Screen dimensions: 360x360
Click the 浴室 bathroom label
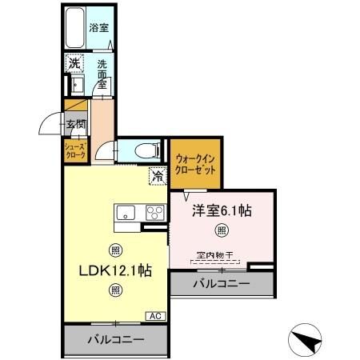click(98, 26)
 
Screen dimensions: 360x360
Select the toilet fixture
click(145, 150)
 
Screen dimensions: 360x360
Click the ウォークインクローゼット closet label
click(195, 164)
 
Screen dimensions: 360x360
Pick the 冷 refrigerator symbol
click(158, 176)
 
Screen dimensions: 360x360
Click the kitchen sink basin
click(128, 213)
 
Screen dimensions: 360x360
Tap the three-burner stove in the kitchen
click(154, 213)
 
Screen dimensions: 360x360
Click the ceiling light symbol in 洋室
click(222, 231)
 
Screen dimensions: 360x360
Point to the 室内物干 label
click(214, 255)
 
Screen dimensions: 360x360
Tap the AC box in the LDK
click(154, 317)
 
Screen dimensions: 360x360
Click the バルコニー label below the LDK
click(115, 340)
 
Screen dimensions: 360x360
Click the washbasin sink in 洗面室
click(77, 85)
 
